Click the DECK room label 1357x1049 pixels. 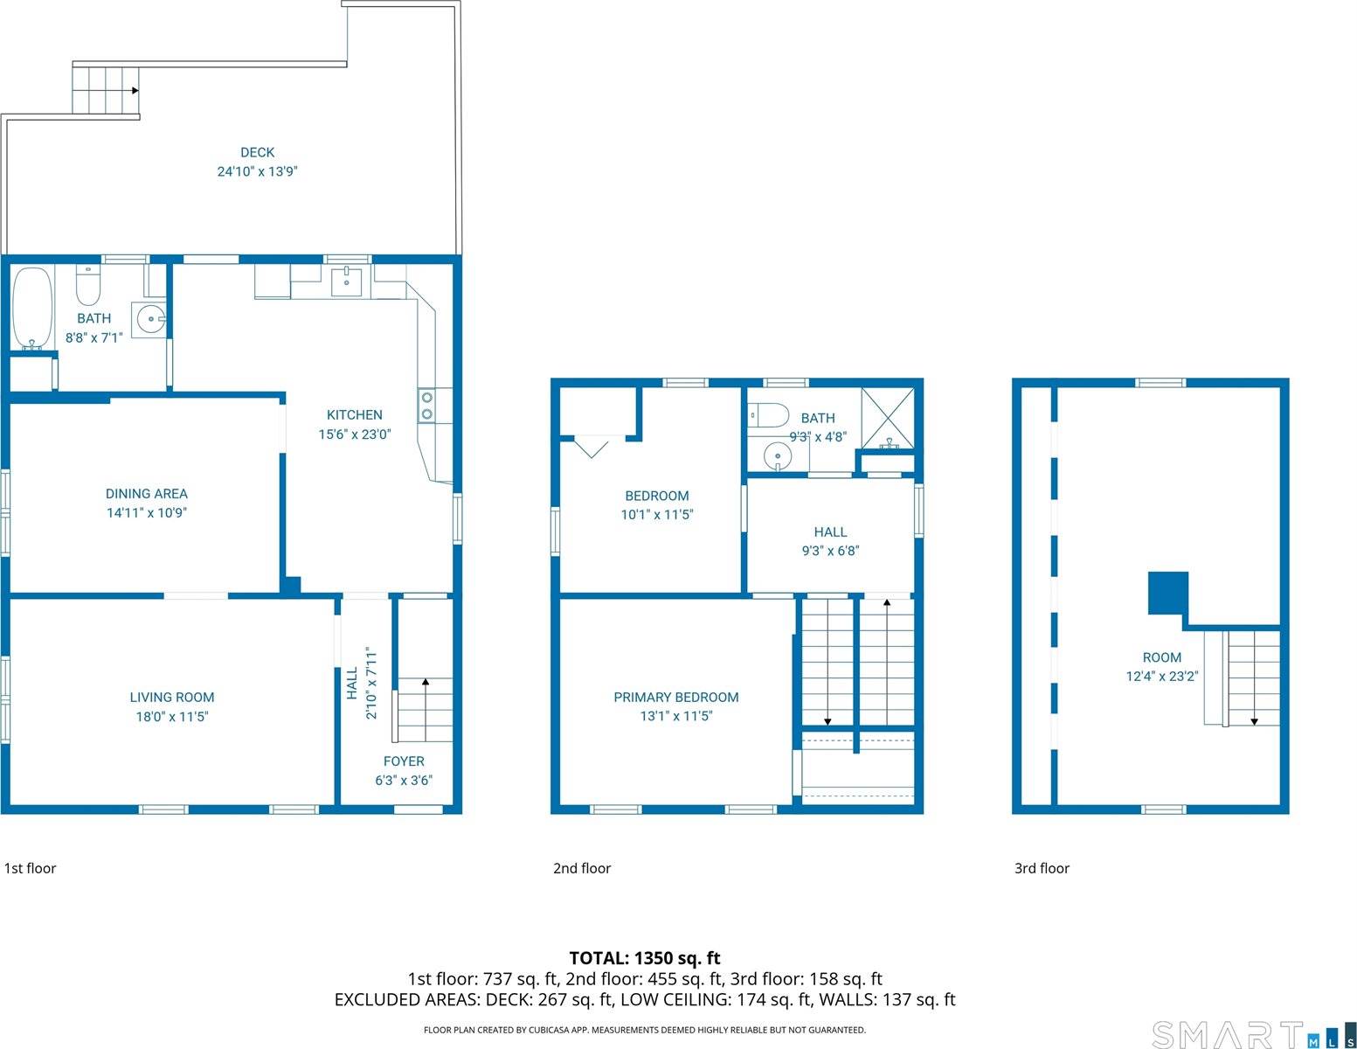(257, 152)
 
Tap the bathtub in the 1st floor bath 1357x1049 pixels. (31, 308)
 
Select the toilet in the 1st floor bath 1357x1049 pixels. (88, 285)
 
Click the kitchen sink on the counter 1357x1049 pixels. (347, 281)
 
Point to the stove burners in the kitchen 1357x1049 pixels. (426, 405)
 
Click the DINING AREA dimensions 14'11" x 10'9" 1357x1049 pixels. (147, 513)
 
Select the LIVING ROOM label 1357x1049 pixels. (172, 697)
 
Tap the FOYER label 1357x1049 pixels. (404, 761)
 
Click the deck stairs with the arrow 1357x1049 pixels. (105, 90)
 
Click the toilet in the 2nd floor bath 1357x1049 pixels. (769, 414)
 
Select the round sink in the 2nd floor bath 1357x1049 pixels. (777, 455)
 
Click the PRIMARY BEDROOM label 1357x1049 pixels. (675, 697)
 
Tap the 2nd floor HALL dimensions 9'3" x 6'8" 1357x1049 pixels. (830, 551)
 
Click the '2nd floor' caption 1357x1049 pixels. (582, 868)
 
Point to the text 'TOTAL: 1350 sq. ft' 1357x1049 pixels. (645, 958)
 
